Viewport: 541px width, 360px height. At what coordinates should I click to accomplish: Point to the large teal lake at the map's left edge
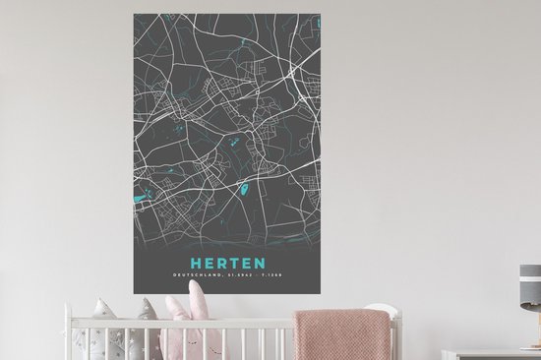(139, 201)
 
